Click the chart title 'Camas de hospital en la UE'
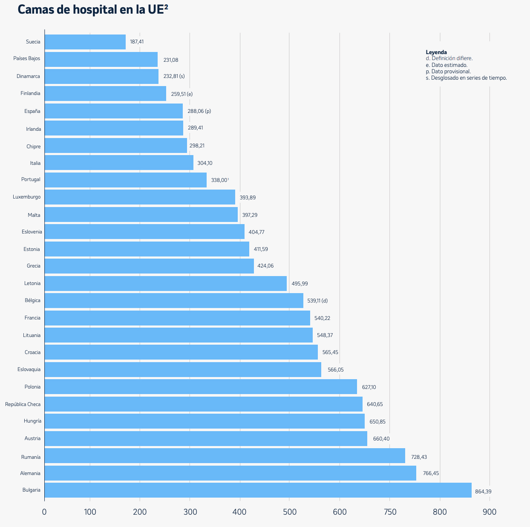92,9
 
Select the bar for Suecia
85,42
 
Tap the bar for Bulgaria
258,490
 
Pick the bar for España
114,111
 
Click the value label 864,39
483,492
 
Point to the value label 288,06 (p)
199,111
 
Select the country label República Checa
23,404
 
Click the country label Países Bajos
26,58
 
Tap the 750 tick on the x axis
389,512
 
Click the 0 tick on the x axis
44,512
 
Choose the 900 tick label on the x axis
490,512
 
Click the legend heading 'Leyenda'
436,52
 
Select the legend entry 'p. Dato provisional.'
448,72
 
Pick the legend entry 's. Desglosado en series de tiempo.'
466,78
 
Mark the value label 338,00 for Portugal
219,180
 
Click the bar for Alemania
230,473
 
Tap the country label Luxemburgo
26,197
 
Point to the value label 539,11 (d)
317,301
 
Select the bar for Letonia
165,283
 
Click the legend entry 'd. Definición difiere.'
449,58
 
